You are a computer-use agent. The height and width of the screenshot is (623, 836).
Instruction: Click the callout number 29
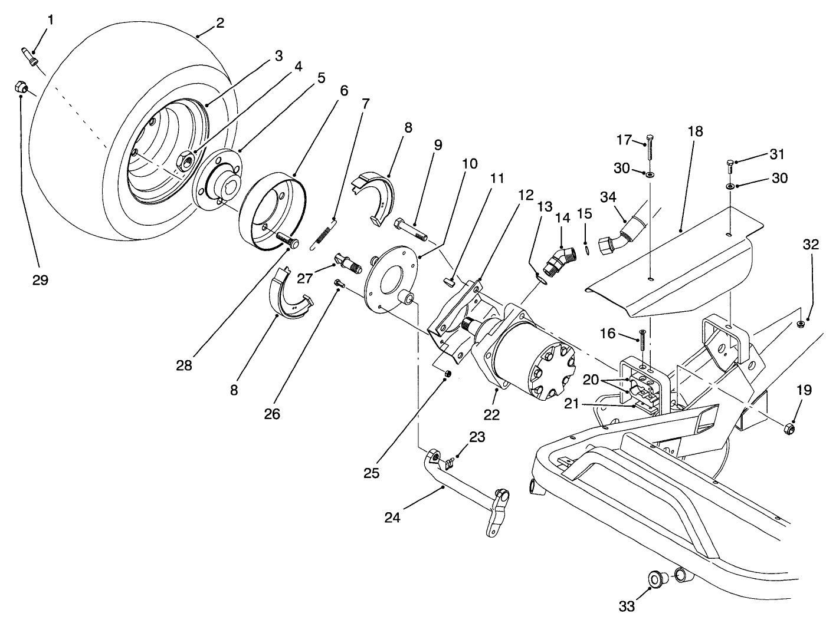click(40, 280)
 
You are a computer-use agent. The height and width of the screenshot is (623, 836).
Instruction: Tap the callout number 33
click(627, 605)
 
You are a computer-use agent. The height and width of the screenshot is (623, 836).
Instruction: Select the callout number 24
click(392, 517)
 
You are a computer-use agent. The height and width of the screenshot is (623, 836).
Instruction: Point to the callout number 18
click(696, 131)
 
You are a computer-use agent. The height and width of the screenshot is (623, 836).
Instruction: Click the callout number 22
click(491, 414)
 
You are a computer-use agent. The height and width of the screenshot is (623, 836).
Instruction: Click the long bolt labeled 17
click(650, 147)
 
